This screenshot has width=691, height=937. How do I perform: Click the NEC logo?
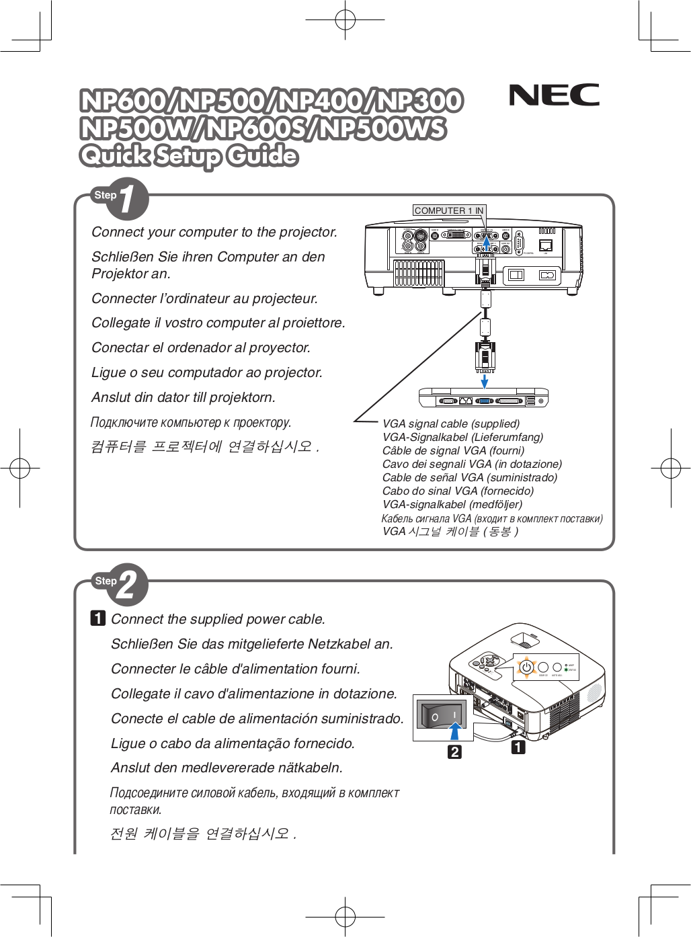(554, 95)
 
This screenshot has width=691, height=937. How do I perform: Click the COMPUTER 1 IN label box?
(448, 210)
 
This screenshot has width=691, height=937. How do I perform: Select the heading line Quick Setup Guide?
(188, 156)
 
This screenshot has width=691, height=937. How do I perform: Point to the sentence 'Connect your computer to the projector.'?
(214, 232)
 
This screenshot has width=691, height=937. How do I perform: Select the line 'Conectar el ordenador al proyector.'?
(201, 348)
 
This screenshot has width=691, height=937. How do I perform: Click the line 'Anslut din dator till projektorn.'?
(184, 397)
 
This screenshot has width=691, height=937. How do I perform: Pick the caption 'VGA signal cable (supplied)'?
(451, 423)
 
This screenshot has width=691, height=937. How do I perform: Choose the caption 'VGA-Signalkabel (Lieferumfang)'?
(462, 437)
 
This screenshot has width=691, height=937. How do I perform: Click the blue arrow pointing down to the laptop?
(484, 382)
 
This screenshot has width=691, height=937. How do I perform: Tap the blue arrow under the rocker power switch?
(456, 731)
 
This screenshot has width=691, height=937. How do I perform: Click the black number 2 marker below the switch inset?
(455, 751)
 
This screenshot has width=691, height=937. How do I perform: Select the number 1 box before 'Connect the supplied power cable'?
(98, 618)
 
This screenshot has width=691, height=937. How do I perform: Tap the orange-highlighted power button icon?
(526, 667)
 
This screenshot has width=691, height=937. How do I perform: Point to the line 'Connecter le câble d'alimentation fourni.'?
(235, 669)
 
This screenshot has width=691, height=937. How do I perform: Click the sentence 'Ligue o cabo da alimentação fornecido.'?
(233, 743)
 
